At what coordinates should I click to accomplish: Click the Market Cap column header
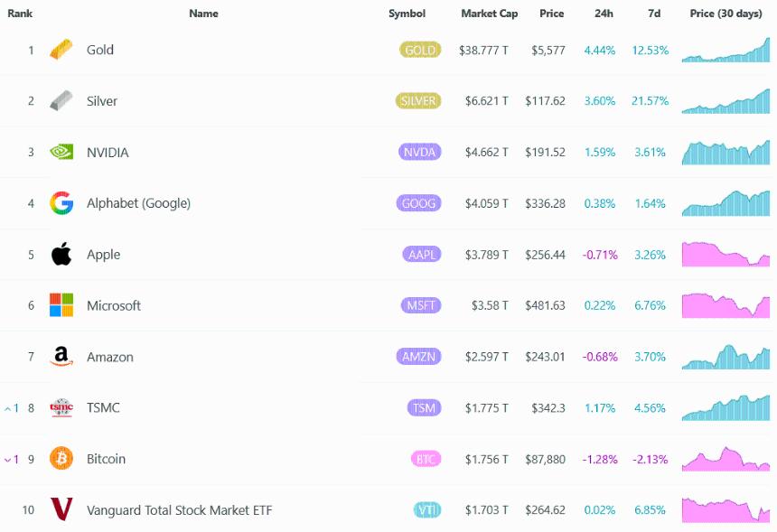(489, 14)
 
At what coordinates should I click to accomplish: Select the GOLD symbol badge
(420, 51)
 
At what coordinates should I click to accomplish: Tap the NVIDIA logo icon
(61, 153)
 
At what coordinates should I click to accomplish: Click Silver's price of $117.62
(545, 101)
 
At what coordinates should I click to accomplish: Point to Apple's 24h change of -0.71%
(599, 255)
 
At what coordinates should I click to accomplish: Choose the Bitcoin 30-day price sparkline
(726, 459)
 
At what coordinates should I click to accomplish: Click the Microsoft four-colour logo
(61, 305)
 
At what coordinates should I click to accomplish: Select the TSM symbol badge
(423, 408)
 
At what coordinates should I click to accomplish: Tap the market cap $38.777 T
(483, 51)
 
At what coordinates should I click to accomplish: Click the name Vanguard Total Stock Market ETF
(179, 510)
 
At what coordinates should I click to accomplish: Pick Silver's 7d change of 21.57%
(650, 101)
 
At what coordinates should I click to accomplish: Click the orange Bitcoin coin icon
(61, 459)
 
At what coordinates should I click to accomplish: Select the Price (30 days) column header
(726, 14)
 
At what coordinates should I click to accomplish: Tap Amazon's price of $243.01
(545, 357)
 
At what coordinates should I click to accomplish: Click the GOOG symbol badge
(418, 203)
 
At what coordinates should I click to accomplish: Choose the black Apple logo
(61, 254)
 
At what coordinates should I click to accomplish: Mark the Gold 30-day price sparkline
(726, 51)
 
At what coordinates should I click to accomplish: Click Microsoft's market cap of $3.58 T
(490, 305)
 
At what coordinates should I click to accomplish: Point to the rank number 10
(28, 510)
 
